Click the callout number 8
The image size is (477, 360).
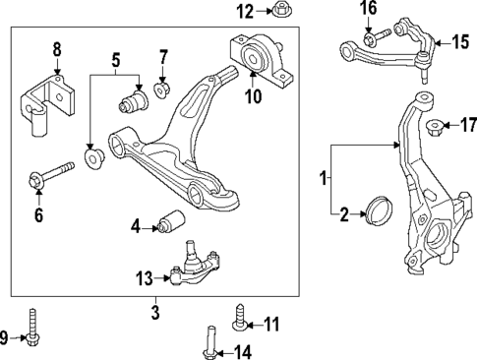point(56,48)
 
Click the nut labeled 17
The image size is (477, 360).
point(435,125)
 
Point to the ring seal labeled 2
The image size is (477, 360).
point(377,212)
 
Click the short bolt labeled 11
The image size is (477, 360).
point(239,320)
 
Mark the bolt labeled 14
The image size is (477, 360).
point(210,343)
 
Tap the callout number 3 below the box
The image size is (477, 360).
point(154,313)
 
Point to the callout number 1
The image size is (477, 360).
point(324,178)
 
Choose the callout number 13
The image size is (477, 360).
point(145,278)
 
